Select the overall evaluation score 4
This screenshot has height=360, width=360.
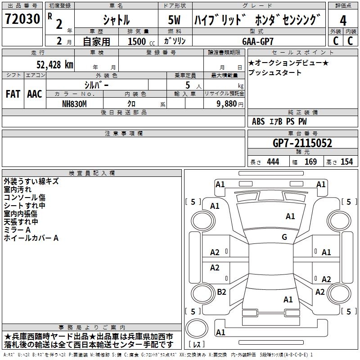click(343, 20)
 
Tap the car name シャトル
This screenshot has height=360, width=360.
click(116, 20)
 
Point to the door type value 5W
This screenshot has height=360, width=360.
click(175, 20)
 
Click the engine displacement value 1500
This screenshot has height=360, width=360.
click(137, 41)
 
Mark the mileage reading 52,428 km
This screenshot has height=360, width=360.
click(54, 64)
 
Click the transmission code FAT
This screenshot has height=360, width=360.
click(13, 94)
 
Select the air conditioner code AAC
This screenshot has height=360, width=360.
click(34, 94)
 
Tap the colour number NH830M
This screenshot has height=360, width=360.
click(75, 103)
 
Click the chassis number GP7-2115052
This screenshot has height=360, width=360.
click(302, 143)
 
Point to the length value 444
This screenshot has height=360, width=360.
click(273, 162)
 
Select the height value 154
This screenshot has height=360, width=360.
click(346, 162)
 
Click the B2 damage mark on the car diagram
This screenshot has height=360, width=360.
click(221, 292)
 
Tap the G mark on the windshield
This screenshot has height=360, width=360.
click(284, 237)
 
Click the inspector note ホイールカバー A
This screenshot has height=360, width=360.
click(31, 238)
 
